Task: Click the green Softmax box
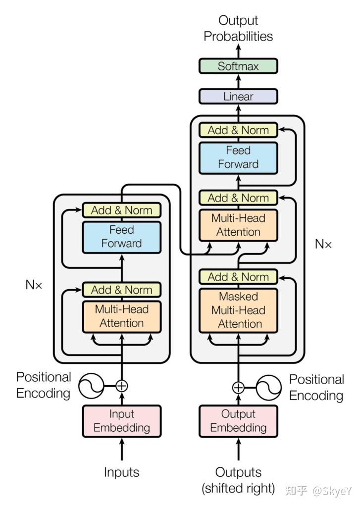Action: [238, 66]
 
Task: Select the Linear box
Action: [238, 97]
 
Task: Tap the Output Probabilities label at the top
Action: [238, 29]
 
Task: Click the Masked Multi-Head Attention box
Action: [238, 310]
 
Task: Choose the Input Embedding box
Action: [121, 421]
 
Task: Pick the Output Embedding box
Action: [238, 421]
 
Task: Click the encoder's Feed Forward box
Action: [121, 237]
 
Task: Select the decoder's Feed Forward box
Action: [238, 157]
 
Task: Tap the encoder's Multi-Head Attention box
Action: [121, 316]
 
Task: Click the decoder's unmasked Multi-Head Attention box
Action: [238, 225]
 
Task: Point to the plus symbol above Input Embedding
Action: [121, 386]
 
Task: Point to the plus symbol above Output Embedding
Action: [238, 387]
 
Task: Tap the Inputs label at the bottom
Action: [121, 472]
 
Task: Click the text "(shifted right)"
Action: [238, 489]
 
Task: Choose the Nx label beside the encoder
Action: [34, 285]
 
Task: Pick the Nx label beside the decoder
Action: [323, 244]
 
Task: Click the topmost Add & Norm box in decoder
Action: [238, 130]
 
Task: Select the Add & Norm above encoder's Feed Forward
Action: [121, 210]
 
